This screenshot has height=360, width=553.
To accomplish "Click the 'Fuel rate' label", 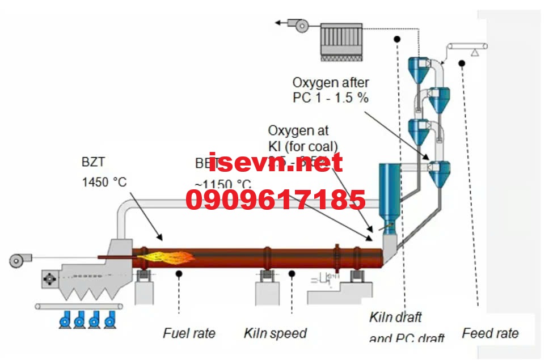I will click(x=189, y=333).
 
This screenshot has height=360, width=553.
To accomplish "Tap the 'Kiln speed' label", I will click(x=275, y=333).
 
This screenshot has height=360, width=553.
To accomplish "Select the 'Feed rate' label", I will click(x=490, y=333).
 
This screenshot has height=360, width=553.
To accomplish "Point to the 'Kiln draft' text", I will click(x=395, y=317).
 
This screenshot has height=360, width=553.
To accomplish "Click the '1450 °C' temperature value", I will click(x=104, y=183).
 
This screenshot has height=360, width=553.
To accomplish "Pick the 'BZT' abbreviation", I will click(x=94, y=162).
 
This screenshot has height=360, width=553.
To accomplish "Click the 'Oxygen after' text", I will click(x=331, y=83).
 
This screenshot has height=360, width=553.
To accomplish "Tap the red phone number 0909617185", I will click(x=276, y=201).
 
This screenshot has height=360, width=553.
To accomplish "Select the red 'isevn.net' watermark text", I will click(x=276, y=162).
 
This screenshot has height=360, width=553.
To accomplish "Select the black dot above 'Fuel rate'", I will click(x=179, y=273).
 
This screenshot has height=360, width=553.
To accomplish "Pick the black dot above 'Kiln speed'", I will click(x=292, y=273).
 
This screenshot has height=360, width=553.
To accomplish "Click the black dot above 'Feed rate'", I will click(x=463, y=63).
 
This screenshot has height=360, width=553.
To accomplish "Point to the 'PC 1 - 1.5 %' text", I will click(x=331, y=98).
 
